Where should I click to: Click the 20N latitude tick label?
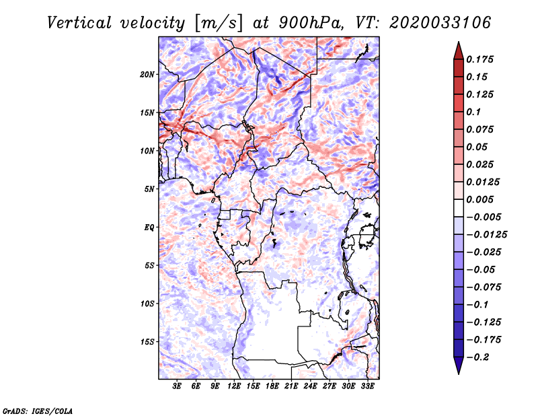pos(147,75)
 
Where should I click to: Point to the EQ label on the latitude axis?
pos(149,228)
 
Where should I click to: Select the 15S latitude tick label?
pos(147,342)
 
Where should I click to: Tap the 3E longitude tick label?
pos(177,386)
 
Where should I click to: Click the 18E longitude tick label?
pos(272,386)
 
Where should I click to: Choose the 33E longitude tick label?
pos(367,386)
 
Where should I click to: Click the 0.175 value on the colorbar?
pos(480,59)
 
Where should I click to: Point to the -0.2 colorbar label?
pos(477,357)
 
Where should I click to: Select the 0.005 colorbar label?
pos(480,199)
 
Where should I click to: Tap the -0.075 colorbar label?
pos(484,287)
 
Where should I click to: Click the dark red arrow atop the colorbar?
pos(459,50)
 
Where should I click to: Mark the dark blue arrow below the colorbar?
pos(459,366)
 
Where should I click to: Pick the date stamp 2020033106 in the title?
pos(440,23)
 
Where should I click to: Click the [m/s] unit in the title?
pos(219,24)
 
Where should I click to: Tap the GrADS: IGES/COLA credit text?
pos(38,411)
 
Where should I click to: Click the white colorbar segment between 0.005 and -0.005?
pos(459,208)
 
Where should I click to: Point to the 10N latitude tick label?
pos(147,151)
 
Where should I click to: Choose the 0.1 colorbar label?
pos(474,112)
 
